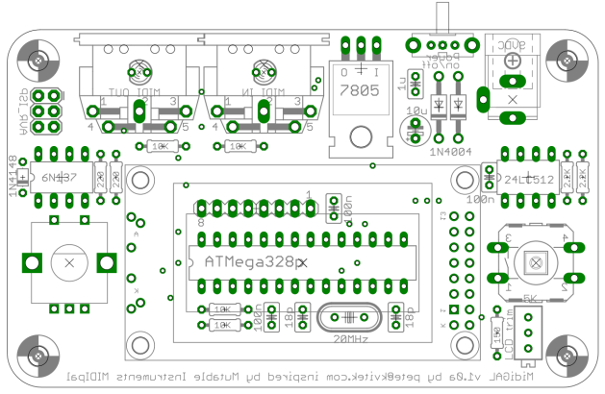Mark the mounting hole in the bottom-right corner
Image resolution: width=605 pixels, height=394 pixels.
click(x=566, y=355)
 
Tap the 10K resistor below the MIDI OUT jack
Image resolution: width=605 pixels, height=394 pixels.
click(x=161, y=146)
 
